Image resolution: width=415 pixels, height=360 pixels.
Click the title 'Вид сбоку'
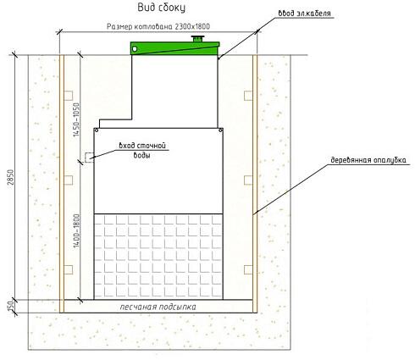click(161, 8)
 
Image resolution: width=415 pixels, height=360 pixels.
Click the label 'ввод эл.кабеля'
click(304, 13)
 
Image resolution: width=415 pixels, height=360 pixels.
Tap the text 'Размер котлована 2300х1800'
click(158, 26)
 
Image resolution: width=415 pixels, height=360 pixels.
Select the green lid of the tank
click(174, 48)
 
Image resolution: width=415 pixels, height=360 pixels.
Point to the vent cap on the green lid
click(197, 39)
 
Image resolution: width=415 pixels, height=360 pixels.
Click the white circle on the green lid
click(135, 49)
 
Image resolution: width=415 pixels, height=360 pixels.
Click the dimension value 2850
click(11, 177)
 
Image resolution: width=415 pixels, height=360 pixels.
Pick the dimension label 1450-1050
click(76, 119)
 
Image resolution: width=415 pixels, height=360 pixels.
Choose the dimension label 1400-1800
click(76, 231)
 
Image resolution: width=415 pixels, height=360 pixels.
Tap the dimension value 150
click(11, 307)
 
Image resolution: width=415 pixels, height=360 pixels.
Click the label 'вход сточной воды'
click(142, 150)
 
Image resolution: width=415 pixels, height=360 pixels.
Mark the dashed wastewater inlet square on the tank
click(90, 158)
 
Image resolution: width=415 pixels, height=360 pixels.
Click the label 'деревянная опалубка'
click(368, 160)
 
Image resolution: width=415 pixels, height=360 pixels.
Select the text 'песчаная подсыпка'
click(158, 307)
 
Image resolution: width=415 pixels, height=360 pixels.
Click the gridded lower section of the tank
click(158, 257)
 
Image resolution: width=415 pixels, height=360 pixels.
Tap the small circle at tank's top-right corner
click(221, 130)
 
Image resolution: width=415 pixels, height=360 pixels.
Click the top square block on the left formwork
click(69, 96)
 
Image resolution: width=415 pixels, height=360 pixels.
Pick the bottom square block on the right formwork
click(248, 269)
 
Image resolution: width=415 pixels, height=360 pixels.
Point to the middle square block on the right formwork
click(248, 180)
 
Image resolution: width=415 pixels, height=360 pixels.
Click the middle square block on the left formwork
click(69, 180)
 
